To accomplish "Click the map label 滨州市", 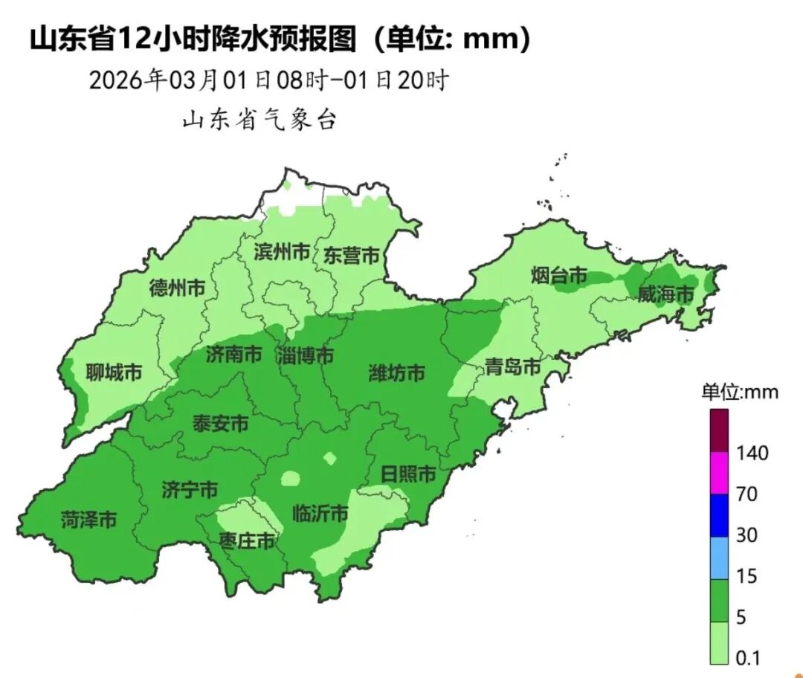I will (282, 253).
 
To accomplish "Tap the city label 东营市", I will (351, 256).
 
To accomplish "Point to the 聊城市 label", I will (114, 372).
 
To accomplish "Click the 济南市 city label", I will (234, 355).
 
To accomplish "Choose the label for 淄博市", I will (305, 355).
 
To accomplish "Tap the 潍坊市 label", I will (397, 372).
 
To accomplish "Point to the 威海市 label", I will (665, 294).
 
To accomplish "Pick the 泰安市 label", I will (221, 424).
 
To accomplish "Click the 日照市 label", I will (407, 474).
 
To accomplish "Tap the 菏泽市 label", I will (88, 520).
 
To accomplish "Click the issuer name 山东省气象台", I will (259, 120).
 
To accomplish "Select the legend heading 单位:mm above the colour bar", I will (740, 392).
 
